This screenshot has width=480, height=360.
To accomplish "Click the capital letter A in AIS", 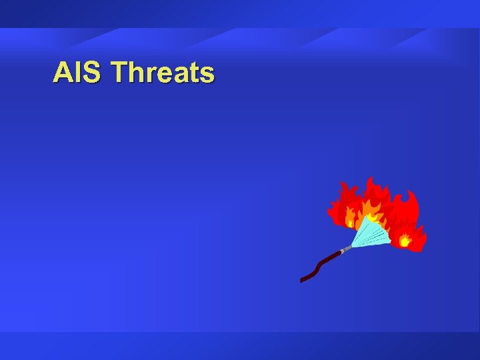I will pos(64,72).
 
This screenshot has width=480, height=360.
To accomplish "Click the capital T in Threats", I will pos(121,72).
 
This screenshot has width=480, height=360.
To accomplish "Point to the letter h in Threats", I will pos(138,72).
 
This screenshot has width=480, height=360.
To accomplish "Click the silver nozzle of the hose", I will pos(346,249).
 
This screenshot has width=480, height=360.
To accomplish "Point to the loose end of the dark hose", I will pos(303,279).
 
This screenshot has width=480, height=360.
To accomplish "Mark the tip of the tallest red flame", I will pos(369,178).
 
